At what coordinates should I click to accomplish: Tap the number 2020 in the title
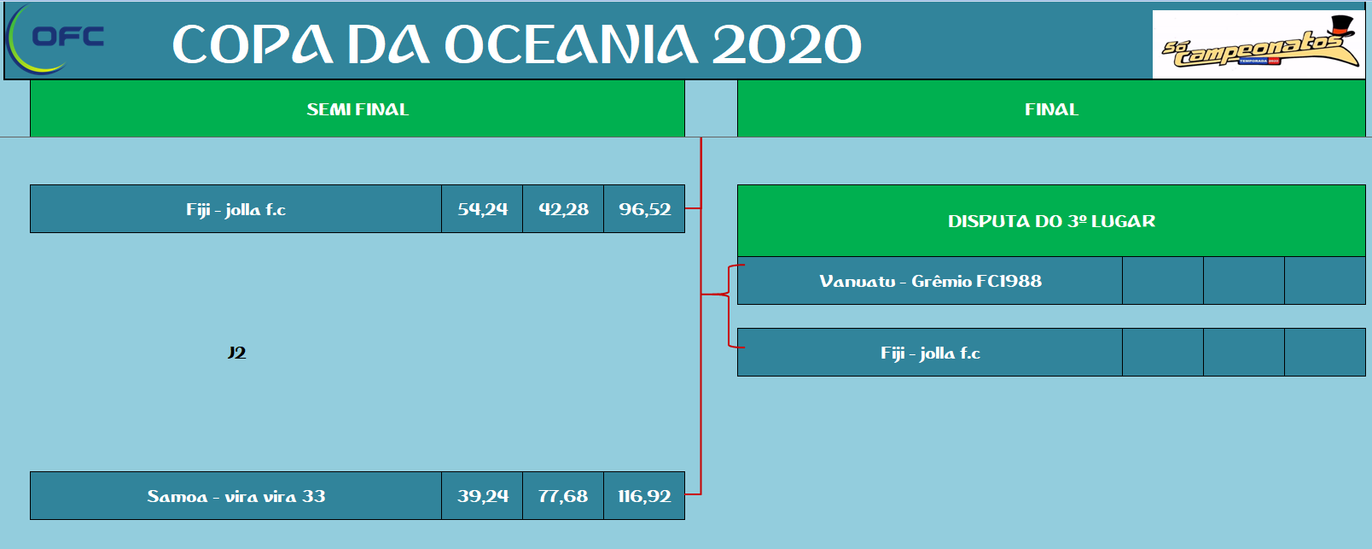787,44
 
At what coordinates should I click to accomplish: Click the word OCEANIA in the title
571,44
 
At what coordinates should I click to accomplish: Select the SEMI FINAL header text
358,109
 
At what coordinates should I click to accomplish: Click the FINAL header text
1052,109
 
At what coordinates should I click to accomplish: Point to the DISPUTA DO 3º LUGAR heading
1052,221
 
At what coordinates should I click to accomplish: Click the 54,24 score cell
482,209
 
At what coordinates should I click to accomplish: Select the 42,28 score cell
563,209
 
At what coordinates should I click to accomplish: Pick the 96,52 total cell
644,209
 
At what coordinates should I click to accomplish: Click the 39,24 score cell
482,496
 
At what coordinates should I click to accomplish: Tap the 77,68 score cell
563,496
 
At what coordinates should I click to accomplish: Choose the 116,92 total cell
644,496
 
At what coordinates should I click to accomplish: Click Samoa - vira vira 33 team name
235,496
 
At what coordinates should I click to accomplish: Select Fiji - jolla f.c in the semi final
235,209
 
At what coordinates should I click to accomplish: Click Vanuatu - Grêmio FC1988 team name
930,281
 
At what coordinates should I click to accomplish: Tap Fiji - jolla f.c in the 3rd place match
930,353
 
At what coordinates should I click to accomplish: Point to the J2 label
236,353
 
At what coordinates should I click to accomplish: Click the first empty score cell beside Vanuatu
1162,281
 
